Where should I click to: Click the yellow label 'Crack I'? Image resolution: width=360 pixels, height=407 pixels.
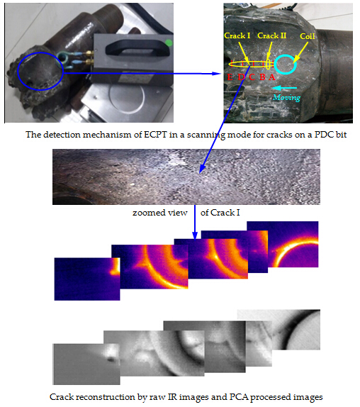click(237, 35)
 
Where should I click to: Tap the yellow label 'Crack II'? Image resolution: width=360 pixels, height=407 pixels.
click(272, 35)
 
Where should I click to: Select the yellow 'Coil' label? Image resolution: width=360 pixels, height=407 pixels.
click(308, 36)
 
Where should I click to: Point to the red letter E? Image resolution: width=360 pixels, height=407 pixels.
click(230, 77)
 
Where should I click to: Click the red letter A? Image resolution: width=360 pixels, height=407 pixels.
click(272, 77)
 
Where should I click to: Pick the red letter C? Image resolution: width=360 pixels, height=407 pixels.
click(252, 77)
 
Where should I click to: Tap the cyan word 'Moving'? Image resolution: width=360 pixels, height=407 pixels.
click(286, 97)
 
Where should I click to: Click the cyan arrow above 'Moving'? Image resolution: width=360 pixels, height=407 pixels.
click(284, 88)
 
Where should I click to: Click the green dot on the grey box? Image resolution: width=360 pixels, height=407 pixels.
click(169, 43)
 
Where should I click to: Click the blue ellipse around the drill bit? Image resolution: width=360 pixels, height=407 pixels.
click(18, 72)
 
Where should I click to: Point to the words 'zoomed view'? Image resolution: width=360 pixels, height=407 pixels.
click(160, 213)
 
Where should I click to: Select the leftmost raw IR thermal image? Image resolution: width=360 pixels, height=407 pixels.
click(87, 279)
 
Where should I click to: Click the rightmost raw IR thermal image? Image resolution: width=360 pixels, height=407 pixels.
click(293, 244)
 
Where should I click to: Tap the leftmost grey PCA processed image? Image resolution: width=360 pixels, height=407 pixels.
click(86, 364)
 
